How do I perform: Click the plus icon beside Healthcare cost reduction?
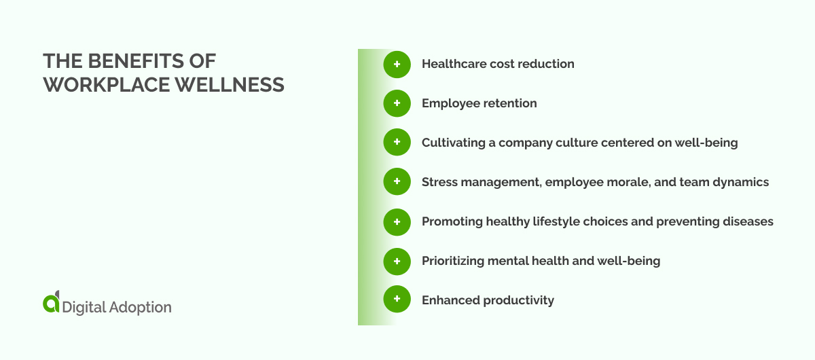397,65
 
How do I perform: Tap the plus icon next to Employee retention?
397,104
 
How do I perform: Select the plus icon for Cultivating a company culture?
397,143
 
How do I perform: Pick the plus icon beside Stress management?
397,182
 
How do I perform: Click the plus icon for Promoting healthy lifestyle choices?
397,221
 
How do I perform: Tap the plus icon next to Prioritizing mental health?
397,261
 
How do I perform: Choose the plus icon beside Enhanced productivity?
397,300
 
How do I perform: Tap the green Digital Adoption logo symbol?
51,304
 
